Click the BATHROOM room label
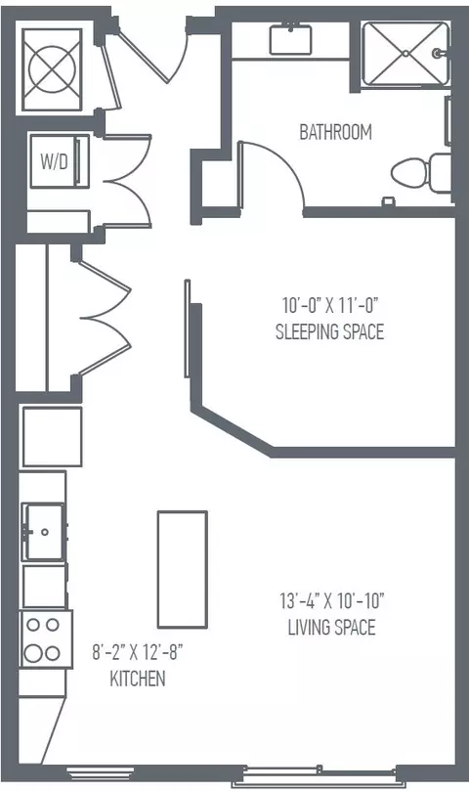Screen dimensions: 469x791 tap(335, 132)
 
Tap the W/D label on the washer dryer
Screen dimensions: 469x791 tap(54, 162)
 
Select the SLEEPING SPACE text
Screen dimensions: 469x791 tap(330, 331)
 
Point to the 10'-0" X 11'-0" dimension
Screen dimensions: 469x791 tap(330, 305)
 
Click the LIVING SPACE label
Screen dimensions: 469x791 tap(332, 627)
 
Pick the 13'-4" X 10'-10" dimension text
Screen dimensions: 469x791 tap(332, 600)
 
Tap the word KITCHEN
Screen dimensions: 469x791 tap(138, 679)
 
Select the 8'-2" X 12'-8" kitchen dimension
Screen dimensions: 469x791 tap(137, 653)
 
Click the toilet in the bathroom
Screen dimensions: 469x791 tap(421, 172)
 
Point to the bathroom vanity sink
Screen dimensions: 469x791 tap(290, 39)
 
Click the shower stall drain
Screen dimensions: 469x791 tap(405, 53)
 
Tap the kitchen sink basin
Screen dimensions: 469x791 tap(44, 532)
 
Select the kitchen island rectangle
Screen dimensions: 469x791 tap(183, 570)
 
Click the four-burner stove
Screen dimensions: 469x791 tap(46, 639)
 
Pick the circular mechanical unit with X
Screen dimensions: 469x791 tap(52, 69)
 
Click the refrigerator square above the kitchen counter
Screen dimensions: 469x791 tap(52, 437)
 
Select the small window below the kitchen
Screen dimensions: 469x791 tap(101, 771)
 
